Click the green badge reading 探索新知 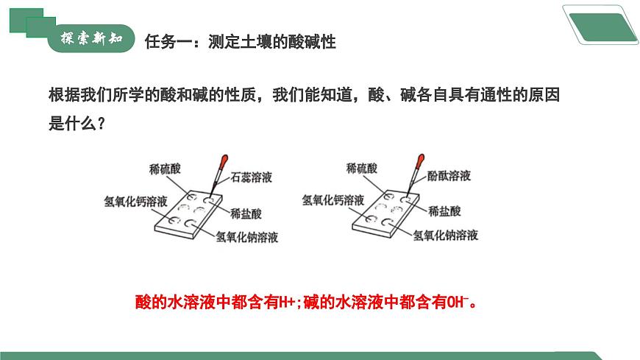coord(91,38)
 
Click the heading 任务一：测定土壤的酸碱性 coord(241,42)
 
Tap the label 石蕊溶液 coord(252,177)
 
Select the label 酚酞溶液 coord(449,176)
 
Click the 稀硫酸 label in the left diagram coord(165,169)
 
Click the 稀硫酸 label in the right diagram coord(362,168)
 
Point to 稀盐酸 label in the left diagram coord(246,213)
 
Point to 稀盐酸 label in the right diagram coord(444,211)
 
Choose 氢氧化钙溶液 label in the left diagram coord(135,201)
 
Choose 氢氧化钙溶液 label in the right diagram coord(333,200)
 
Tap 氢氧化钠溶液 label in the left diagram coord(247,237)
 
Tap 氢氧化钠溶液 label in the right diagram coord(445,235)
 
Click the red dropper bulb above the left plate coord(223,162)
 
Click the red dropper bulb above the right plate coord(419,161)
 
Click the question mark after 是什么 coord(102,124)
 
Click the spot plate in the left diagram coord(188,214)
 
